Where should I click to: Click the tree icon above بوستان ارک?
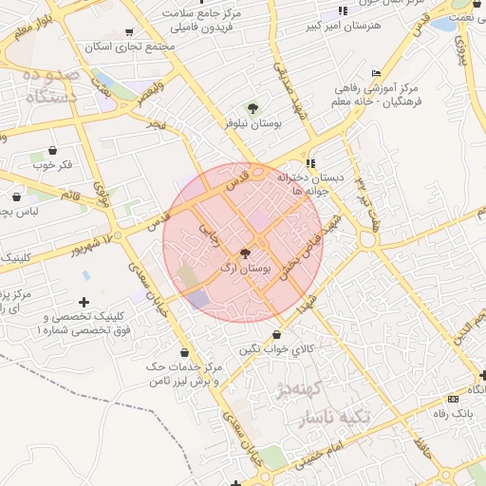(246, 254)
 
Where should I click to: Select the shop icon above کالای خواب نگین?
(276, 335)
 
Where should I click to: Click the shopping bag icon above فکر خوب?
(51, 150)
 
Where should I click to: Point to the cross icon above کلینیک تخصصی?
(84, 302)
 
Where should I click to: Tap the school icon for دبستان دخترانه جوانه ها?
(310, 163)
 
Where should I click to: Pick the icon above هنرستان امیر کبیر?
(343, 10)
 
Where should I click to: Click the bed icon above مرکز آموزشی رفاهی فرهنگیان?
(376, 72)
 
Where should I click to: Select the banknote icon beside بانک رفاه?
(452, 399)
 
